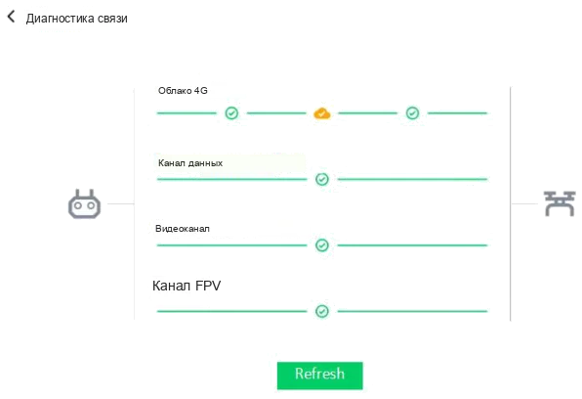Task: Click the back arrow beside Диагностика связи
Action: pyautogui.click(x=11, y=17)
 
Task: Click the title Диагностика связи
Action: pyautogui.click(x=77, y=19)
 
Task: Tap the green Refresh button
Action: pyautogui.click(x=320, y=376)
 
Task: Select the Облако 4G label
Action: pyautogui.click(x=183, y=90)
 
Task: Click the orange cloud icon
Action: pyautogui.click(x=322, y=113)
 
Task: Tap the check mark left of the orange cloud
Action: pyautogui.click(x=231, y=113)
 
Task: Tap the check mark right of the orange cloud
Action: pyautogui.click(x=412, y=113)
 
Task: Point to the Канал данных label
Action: pyautogui.click(x=190, y=163)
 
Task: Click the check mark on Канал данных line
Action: pyautogui.click(x=322, y=179)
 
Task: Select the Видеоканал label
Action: pyautogui.click(x=183, y=229)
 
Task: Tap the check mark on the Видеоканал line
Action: pyautogui.click(x=322, y=245)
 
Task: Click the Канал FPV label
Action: pyautogui.click(x=187, y=286)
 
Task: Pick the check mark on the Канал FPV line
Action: pyautogui.click(x=322, y=311)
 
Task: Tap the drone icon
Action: pyautogui.click(x=560, y=203)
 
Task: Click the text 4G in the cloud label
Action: pyautogui.click(x=201, y=90)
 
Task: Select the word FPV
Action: pyautogui.click(x=208, y=286)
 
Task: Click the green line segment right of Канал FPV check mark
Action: pyautogui.click(x=412, y=311)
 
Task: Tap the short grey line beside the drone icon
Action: pyautogui.click(x=524, y=203)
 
